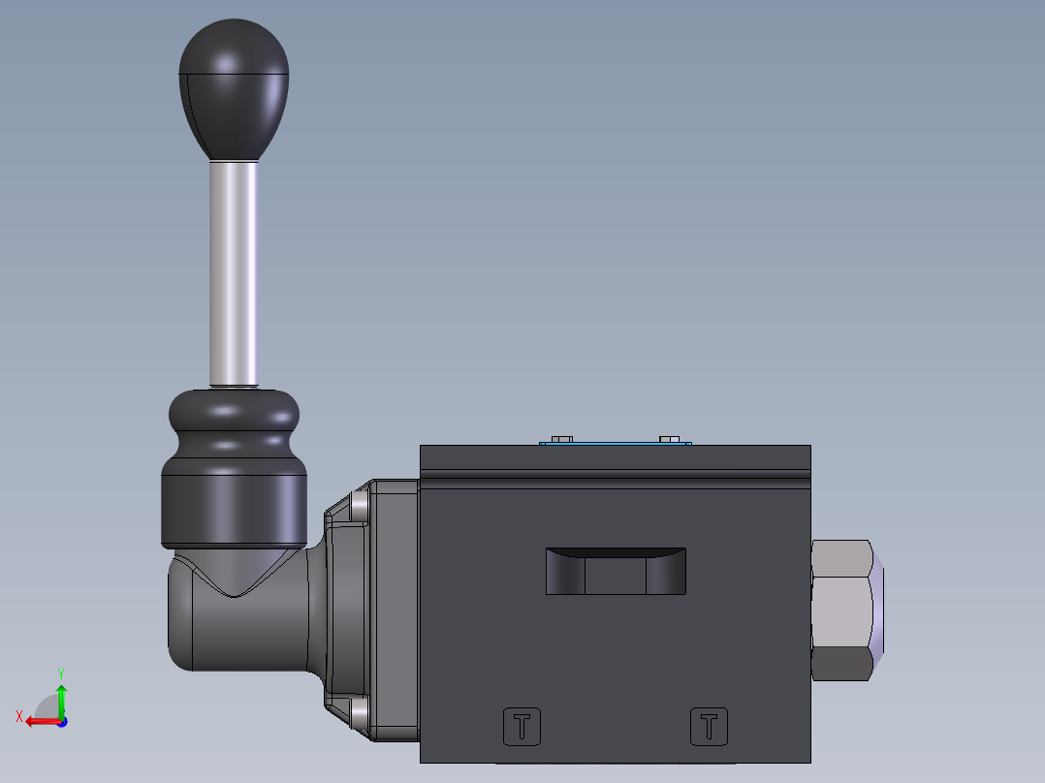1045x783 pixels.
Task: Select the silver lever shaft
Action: point(234,271)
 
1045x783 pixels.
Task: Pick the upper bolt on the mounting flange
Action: point(361,504)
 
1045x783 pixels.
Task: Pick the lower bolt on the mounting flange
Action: point(361,714)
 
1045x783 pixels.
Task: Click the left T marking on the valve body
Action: point(522,726)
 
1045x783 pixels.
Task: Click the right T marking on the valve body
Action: point(709,726)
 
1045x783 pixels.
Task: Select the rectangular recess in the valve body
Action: point(616,572)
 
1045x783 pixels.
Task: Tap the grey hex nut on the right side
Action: point(840,611)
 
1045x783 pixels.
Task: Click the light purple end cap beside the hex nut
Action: point(879,611)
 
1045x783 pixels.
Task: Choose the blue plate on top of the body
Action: point(616,444)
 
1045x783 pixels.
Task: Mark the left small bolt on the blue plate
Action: point(559,439)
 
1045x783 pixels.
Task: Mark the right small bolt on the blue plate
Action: point(669,439)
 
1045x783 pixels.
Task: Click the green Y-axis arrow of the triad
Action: point(61,698)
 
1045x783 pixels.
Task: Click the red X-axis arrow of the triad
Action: point(39,721)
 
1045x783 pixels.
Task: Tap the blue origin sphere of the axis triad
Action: point(61,721)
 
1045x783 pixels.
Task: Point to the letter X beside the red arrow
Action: point(18,716)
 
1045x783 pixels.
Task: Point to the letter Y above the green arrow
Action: point(60,673)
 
